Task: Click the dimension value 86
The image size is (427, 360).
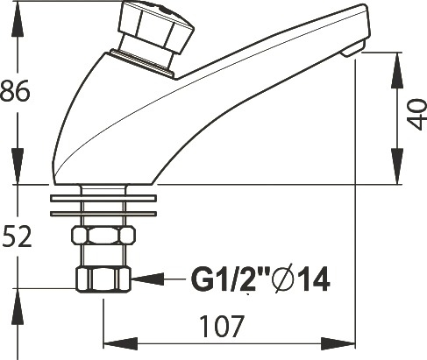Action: [x=15, y=90]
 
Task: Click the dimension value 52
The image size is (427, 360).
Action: [x=17, y=236]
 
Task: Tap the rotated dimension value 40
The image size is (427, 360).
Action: [x=417, y=114]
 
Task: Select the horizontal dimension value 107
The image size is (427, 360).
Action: [x=221, y=326]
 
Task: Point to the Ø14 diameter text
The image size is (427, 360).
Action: [x=301, y=279]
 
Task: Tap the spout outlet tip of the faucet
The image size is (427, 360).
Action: [x=353, y=49]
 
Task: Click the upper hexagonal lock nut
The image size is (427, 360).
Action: [x=103, y=235]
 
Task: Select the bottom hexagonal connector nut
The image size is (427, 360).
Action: [x=103, y=279]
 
